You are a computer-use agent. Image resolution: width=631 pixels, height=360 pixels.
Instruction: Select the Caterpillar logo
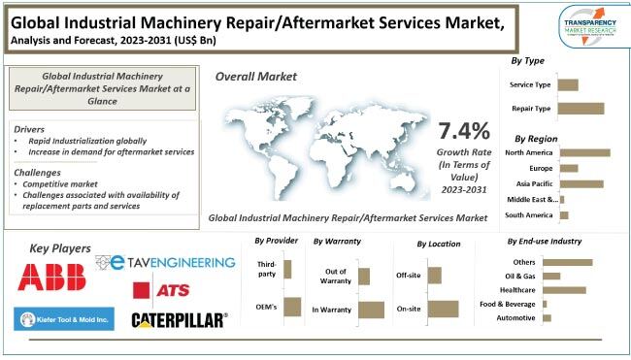(x=180, y=319)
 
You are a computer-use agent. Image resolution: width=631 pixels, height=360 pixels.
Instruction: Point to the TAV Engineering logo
(x=166, y=262)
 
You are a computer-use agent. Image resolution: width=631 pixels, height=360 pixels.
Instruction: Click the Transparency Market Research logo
(x=591, y=24)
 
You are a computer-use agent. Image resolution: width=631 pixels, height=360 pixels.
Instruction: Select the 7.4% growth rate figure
(x=464, y=130)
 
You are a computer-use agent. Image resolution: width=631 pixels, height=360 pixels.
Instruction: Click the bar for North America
(x=584, y=152)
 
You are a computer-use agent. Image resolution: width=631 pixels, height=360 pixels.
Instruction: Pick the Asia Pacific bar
(x=581, y=183)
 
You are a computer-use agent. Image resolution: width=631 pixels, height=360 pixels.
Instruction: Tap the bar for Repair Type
(x=581, y=109)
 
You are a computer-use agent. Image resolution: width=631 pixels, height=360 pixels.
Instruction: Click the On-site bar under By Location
(x=442, y=309)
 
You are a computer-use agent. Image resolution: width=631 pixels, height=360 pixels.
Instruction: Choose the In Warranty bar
(x=371, y=310)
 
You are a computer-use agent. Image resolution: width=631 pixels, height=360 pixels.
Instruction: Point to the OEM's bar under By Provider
(x=289, y=308)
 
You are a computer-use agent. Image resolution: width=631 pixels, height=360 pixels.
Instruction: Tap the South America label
(x=529, y=214)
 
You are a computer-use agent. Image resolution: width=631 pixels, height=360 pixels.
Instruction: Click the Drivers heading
(x=31, y=128)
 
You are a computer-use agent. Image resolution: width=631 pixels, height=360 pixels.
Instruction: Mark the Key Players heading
(x=60, y=248)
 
